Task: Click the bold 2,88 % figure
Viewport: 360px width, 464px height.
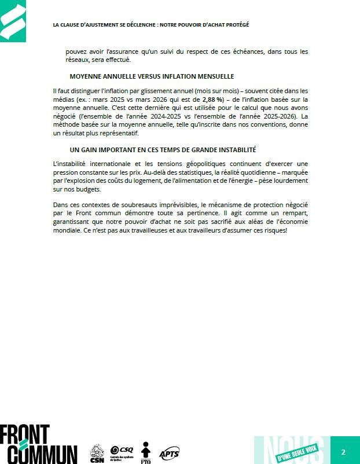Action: [212, 100]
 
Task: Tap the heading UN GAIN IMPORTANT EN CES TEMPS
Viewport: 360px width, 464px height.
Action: [163, 150]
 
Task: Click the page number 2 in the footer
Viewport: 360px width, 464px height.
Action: [343, 452]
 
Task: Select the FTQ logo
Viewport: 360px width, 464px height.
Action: [145, 452]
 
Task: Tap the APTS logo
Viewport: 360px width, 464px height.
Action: [169, 452]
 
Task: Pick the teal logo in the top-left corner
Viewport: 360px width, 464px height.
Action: [13, 21]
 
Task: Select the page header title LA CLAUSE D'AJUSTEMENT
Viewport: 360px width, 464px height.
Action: [150, 25]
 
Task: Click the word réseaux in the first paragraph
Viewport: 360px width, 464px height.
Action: [76, 60]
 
